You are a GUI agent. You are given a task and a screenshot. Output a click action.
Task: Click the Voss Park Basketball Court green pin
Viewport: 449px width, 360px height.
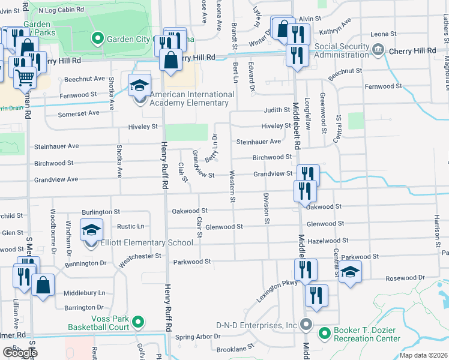(137, 323)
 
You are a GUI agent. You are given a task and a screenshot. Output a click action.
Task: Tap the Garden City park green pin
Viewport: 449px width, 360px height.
(98, 39)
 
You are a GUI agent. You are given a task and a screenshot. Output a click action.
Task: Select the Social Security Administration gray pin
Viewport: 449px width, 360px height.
(378, 51)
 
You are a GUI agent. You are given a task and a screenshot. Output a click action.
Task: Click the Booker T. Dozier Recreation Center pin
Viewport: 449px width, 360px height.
(325, 332)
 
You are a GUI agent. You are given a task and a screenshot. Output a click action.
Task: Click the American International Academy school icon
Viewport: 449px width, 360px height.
(139, 85)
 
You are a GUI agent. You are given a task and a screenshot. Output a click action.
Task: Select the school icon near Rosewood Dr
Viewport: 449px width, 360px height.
(350, 272)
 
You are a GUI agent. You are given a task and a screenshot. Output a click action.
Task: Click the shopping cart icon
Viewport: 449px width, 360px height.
(24, 76)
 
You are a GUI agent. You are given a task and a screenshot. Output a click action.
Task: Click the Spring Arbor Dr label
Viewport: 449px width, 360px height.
(197, 337)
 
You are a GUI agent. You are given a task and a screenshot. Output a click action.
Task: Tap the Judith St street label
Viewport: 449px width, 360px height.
(277, 110)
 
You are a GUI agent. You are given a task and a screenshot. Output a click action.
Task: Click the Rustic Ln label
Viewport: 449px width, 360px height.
(130, 226)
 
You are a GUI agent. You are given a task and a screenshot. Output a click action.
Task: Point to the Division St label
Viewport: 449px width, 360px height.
(266, 208)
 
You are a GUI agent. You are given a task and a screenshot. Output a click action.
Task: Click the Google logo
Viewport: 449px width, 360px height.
(20, 353)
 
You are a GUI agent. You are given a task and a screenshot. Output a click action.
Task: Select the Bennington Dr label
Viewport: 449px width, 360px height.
(85, 263)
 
